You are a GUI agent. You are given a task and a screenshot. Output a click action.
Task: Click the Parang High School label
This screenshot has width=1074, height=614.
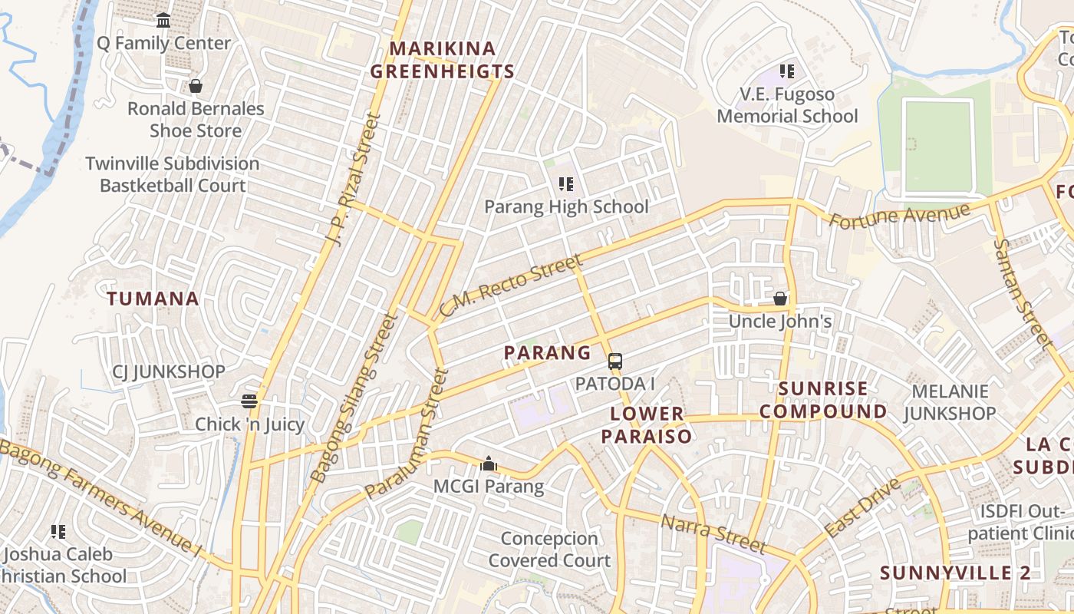point(566,206)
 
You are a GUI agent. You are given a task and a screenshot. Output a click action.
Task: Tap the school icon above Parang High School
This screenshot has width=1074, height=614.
point(566,184)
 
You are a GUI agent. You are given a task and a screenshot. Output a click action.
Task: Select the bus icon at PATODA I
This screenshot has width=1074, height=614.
point(614,361)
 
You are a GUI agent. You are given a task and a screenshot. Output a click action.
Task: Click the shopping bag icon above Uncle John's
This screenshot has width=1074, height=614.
point(780,299)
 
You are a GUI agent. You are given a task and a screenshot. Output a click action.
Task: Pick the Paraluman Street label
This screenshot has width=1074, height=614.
point(407,433)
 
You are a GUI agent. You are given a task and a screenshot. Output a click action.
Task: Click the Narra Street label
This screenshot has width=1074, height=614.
point(713,534)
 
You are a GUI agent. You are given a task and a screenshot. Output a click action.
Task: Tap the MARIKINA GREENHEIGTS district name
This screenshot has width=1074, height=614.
point(442,61)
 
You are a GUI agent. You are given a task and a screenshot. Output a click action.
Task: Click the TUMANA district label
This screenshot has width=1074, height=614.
point(153,299)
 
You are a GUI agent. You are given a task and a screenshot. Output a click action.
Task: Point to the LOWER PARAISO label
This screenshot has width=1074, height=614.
point(646,425)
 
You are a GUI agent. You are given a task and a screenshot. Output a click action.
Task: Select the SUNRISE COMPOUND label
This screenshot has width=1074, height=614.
point(823,400)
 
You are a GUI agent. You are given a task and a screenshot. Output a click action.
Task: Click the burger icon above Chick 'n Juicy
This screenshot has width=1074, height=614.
point(249,401)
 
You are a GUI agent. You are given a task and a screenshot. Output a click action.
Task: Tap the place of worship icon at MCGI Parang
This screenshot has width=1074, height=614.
point(488,464)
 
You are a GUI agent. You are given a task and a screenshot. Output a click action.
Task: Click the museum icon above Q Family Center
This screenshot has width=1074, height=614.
point(163,21)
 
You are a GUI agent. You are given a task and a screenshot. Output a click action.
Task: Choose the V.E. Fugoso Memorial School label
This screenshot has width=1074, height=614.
point(787,105)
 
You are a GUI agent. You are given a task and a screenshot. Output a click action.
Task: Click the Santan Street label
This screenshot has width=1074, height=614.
point(1020,292)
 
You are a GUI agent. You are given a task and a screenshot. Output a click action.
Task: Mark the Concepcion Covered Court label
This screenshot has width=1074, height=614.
point(549,550)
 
